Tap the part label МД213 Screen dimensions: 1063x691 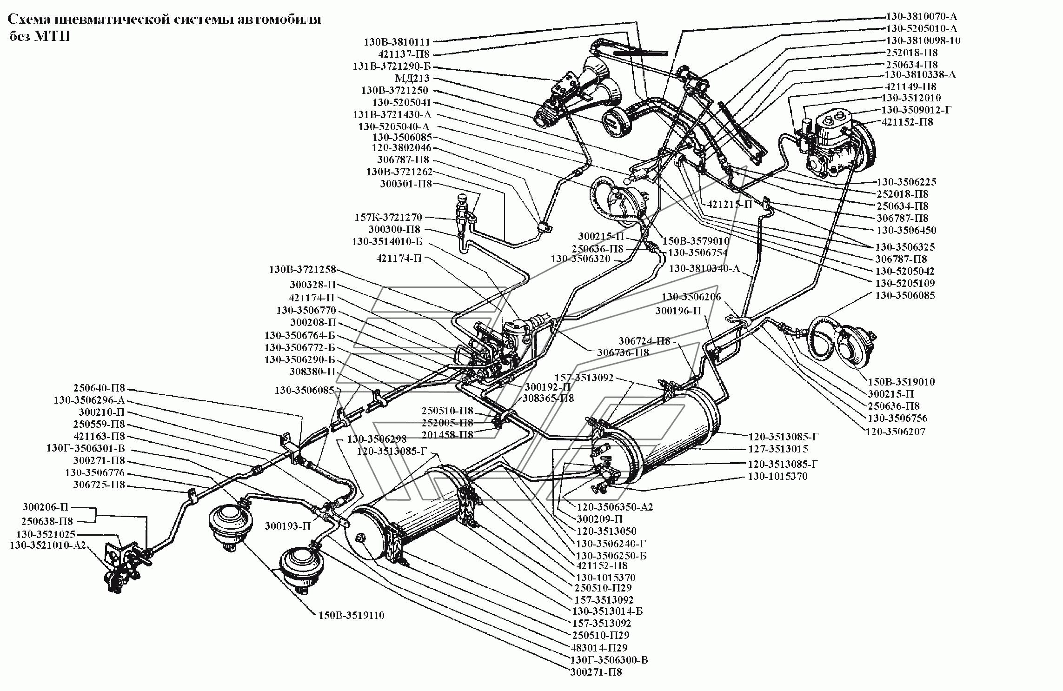click(x=412, y=79)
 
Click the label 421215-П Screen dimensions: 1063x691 click(x=729, y=204)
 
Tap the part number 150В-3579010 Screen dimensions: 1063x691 click(x=696, y=241)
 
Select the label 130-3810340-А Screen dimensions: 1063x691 click(x=704, y=269)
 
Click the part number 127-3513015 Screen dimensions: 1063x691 click(x=778, y=449)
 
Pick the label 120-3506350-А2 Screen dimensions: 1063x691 click(x=615, y=507)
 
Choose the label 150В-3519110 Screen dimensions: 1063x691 click(x=352, y=615)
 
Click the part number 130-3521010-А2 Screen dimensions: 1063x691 click(x=48, y=545)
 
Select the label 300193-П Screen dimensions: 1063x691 click(x=288, y=526)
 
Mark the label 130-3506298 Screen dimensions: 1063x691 click(x=377, y=439)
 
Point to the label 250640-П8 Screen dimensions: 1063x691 click(x=99, y=388)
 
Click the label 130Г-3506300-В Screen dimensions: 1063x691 click(x=610, y=660)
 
